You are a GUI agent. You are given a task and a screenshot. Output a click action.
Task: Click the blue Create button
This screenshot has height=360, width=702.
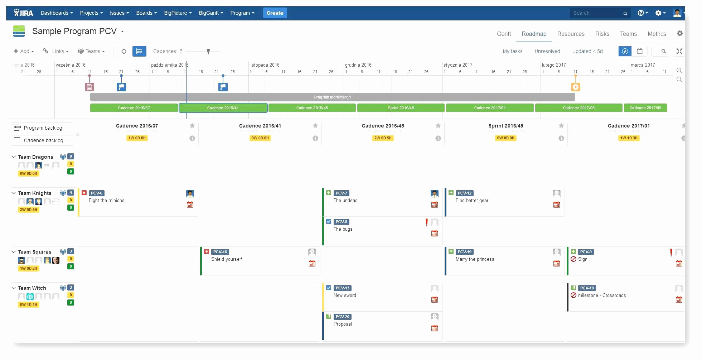[x=275, y=13]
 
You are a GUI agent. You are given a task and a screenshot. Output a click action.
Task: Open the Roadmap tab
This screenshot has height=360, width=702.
[x=534, y=34]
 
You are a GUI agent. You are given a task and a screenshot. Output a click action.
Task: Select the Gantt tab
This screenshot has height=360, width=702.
[x=504, y=34]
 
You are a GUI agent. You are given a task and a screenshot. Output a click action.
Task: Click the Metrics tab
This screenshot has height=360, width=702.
[x=657, y=34]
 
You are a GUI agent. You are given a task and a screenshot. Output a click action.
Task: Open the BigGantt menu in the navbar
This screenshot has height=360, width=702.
[x=211, y=13]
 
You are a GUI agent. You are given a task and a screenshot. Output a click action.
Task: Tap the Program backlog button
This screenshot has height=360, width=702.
[x=42, y=128]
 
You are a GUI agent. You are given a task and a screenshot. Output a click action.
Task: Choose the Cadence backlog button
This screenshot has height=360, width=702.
[x=42, y=140]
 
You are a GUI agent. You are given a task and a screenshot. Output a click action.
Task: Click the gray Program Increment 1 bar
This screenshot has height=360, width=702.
[x=332, y=97]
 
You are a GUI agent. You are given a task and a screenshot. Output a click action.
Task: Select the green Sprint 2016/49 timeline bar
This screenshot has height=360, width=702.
[x=401, y=108]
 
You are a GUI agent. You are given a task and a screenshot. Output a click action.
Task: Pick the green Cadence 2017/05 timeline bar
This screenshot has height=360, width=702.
[x=578, y=108]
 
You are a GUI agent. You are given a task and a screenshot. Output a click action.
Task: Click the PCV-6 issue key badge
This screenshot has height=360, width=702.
[x=97, y=193]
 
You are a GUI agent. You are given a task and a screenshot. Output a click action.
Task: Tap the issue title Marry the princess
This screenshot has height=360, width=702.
[x=475, y=259]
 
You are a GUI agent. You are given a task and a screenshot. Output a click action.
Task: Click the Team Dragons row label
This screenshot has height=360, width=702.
[x=35, y=157]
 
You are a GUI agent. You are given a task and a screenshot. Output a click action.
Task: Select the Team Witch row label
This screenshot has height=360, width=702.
[x=32, y=288]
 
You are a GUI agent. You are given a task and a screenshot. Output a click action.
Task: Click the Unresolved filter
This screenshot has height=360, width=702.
[x=547, y=51]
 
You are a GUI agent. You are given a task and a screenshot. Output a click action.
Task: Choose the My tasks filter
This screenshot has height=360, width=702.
[x=512, y=51]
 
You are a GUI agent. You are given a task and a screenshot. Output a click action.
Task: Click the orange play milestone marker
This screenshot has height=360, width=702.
[x=575, y=87]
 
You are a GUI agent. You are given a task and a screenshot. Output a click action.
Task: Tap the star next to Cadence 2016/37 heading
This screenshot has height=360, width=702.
[x=192, y=126]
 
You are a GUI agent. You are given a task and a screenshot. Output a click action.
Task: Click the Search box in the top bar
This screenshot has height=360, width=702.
[x=596, y=13]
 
